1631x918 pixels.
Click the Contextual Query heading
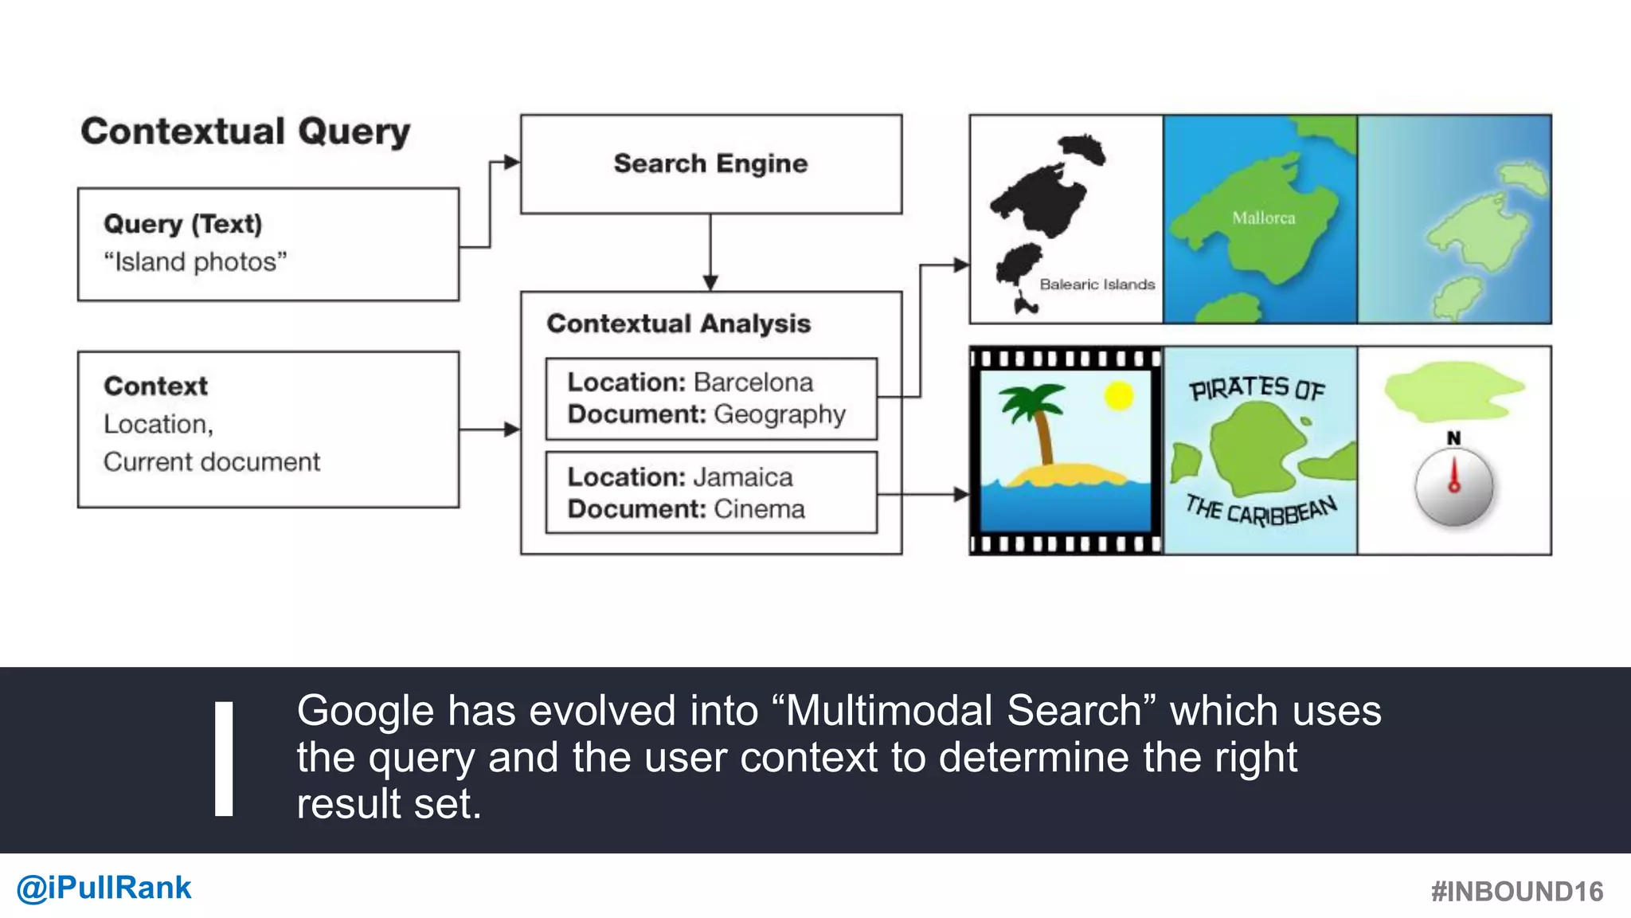coord(245,131)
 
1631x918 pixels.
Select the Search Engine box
coord(710,164)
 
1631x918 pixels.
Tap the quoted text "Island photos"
coord(195,262)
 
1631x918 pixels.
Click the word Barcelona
coord(753,382)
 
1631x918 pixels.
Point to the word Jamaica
coord(742,477)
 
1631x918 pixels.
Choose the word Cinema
coord(759,509)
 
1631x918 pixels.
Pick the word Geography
coord(780,415)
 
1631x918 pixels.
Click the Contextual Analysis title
coord(679,324)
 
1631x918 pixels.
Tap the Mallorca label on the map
coord(1263,218)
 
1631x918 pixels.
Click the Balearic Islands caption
coord(1097,284)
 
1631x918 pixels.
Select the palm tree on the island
coord(1035,418)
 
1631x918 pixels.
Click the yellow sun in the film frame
coord(1118,395)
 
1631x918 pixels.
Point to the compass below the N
coord(1453,487)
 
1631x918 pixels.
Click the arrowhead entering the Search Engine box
coord(511,163)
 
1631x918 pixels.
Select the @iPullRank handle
coord(104,888)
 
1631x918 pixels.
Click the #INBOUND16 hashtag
coord(1516,892)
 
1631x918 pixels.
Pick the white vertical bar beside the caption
coord(224,759)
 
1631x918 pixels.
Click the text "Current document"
coord(212,462)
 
